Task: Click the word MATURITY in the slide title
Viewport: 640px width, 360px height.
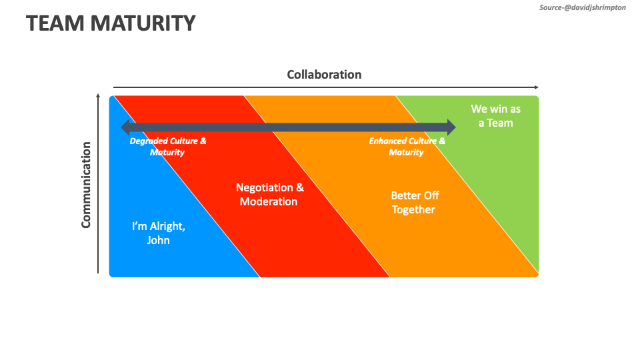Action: click(143, 23)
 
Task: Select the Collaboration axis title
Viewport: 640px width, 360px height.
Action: click(324, 75)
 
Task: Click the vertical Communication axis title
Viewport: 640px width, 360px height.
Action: click(86, 185)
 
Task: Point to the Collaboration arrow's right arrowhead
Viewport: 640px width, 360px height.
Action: click(535, 87)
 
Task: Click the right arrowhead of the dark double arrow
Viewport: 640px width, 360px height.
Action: click(451, 127)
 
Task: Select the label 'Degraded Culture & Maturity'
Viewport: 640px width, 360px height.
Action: click(167, 147)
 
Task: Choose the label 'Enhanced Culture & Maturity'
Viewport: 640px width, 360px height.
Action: click(407, 147)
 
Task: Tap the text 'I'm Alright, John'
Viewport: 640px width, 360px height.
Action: click(159, 233)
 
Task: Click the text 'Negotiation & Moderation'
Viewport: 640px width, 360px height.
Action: click(269, 195)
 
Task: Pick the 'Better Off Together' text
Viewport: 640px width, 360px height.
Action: click(414, 203)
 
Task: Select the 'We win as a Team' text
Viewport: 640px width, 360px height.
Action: click(495, 115)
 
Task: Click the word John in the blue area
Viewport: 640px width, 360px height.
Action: click(159, 241)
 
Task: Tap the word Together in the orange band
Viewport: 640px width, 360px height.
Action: click(413, 210)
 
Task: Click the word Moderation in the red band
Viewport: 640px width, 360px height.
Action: click(269, 202)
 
